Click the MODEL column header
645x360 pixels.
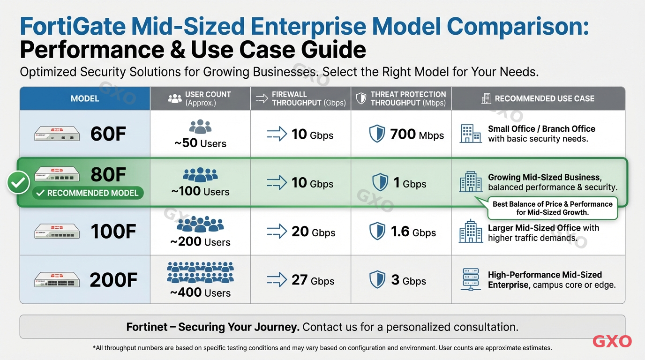(x=85, y=98)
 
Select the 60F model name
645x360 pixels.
(x=108, y=134)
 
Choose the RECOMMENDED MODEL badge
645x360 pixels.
(x=88, y=193)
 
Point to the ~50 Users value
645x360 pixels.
(x=200, y=143)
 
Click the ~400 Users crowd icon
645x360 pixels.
(x=200, y=273)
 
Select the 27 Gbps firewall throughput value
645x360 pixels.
(x=313, y=280)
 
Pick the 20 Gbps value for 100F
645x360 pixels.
(x=313, y=232)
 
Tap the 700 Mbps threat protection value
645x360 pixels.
(x=417, y=135)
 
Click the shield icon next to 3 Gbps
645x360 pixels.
(x=377, y=280)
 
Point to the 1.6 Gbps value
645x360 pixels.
(x=413, y=232)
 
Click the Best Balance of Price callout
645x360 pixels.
(x=552, y=208)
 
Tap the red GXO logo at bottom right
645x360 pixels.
(x=612, y=342)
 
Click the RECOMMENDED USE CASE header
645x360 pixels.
(x=544, y=98)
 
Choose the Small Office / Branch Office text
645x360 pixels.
(x=541, y=129)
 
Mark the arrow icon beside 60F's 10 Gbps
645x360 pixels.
(x=277, y=135)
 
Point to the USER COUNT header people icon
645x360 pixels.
(x=175, y=98)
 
